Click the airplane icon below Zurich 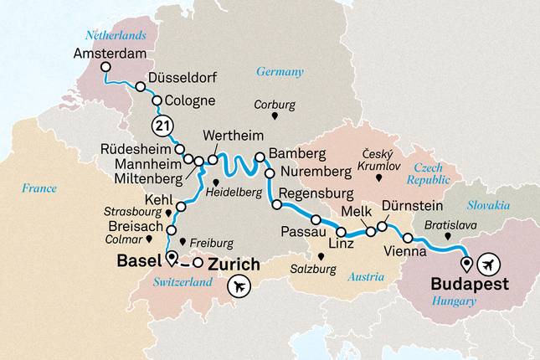[238, 286]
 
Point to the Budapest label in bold [469, 284]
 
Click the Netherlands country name [116, 35]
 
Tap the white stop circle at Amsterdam [105, 68]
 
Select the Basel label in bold [139, 261]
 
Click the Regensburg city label [324, 194]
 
